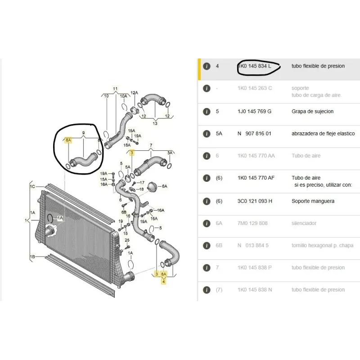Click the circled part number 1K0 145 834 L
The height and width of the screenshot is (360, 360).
coord(254,66)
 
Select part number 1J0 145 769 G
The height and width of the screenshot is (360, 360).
coord(254,111)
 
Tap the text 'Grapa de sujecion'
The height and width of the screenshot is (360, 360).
coord(312,111)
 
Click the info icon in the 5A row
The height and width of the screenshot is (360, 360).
coord(207,134)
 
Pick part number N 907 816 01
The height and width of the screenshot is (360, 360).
coord(254,134)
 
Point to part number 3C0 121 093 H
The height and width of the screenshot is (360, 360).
coord(255,201)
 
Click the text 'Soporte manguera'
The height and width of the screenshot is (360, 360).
coord(313,201)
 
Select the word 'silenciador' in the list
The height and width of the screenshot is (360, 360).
coord(304,223)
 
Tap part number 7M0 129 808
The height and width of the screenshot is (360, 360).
coord(252,223)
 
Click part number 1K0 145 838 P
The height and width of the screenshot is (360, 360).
coord(255,268)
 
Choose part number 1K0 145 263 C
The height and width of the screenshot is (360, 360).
coord(255,88)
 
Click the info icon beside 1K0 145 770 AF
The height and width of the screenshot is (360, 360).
coord(207,178)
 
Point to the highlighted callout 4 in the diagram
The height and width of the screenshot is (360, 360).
coord(163,281)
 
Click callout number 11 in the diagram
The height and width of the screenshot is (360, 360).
coord(115,89)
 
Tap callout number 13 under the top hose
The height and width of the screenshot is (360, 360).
coord(155,123)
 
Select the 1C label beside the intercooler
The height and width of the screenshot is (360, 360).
coord(32,186)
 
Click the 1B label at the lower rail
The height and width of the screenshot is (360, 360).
coord(32,256)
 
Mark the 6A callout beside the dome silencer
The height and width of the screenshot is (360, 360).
coord(165,186)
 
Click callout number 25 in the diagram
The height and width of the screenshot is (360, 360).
coord(127,240)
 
